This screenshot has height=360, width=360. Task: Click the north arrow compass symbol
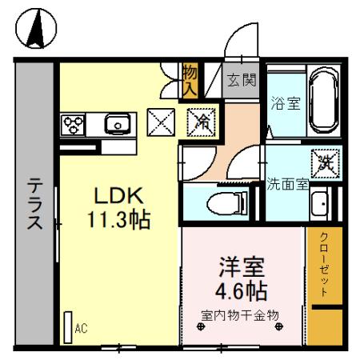(x=36, y=30)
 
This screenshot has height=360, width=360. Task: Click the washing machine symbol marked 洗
(x=324, y=162)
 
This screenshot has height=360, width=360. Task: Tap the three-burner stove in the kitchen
(x=74, y=124)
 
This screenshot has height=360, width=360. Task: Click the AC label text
(x=81, y=328)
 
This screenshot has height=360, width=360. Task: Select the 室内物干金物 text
(x=240, y=314)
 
